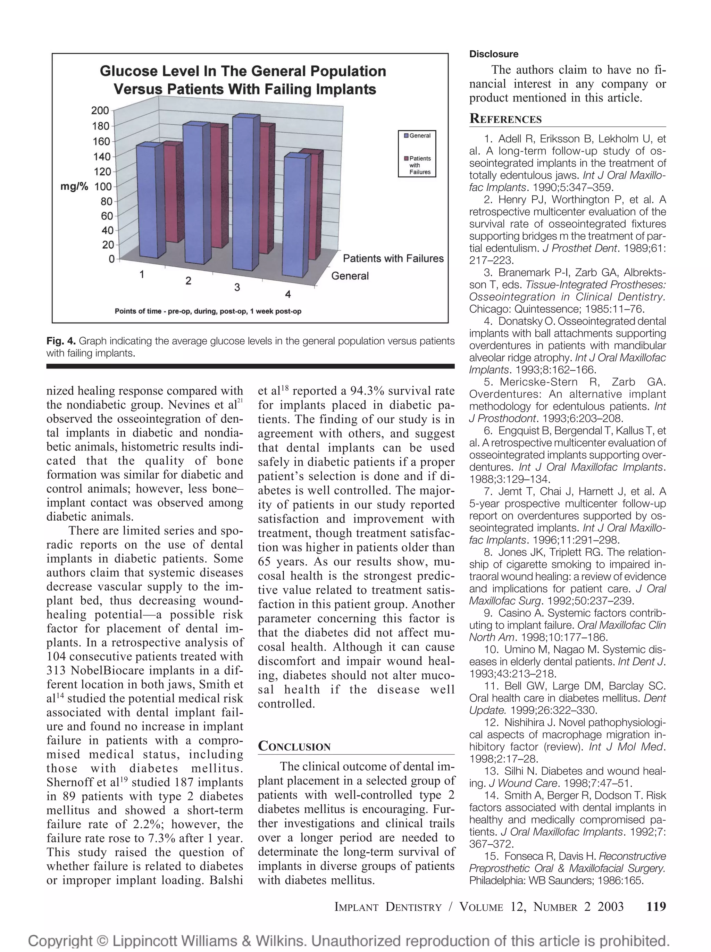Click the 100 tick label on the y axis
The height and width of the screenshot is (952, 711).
[x=102, y=187]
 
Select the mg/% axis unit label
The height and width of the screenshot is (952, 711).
[x=74, y=187]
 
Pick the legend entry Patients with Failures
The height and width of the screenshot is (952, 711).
[x=419, y=165]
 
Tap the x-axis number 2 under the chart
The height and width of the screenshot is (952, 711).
[x=188, y=281]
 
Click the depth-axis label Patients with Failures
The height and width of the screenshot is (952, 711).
[x=393, y=259]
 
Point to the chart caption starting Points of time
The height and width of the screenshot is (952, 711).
[x=208, y=311]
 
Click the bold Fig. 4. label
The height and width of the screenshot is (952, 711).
[x=61, y=341]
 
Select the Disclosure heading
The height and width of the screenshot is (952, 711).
[x=493, y=54]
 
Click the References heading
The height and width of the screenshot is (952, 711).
[x=505, y=119]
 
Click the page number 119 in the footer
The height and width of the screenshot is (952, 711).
[x=655, y=907]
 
